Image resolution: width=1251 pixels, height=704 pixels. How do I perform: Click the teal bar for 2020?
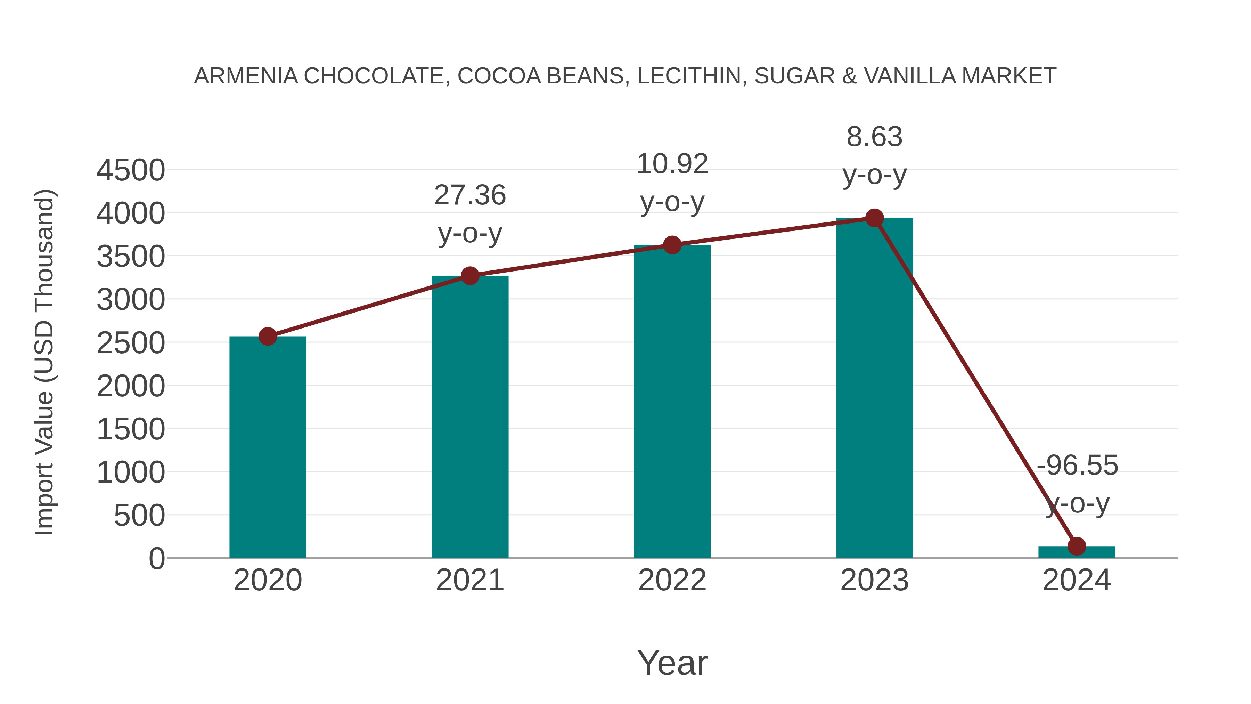[x=268, y=447]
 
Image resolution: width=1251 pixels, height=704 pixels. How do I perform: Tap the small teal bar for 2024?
[x=1077, y=552]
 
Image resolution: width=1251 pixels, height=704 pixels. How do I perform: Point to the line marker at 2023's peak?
[x=874, y=218]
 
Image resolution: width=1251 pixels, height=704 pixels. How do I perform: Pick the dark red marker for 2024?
[x=1077, y=546]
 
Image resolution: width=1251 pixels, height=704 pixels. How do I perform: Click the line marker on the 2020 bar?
[x=268, y=336]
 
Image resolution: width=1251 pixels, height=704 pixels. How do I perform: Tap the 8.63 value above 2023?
[x=874, y=137]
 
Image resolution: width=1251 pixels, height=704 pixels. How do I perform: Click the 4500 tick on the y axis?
[x=131, y=171]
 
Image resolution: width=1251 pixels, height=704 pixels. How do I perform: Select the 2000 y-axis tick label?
[x=131, y=387]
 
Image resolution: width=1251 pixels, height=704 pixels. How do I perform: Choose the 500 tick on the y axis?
[x=139, y=516]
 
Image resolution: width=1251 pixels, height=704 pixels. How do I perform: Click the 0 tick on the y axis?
[x=156, y=559]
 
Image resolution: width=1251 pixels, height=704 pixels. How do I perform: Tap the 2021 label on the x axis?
[x=469, y=580]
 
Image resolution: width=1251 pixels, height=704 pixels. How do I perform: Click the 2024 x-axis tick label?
[x=1077, y=580]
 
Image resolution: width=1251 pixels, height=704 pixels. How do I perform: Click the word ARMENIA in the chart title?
[x=246, y=76]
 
